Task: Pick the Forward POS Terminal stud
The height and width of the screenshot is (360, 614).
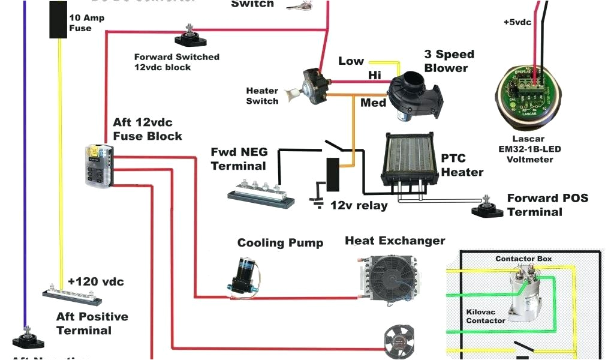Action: pos(486,207)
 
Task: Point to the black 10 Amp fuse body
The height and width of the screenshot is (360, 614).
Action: pos(58,19)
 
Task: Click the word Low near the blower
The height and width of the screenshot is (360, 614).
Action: pos(351,61)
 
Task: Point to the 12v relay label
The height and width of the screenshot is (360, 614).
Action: pos(359,205)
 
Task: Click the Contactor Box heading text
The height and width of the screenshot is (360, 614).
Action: pos(523,259)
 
